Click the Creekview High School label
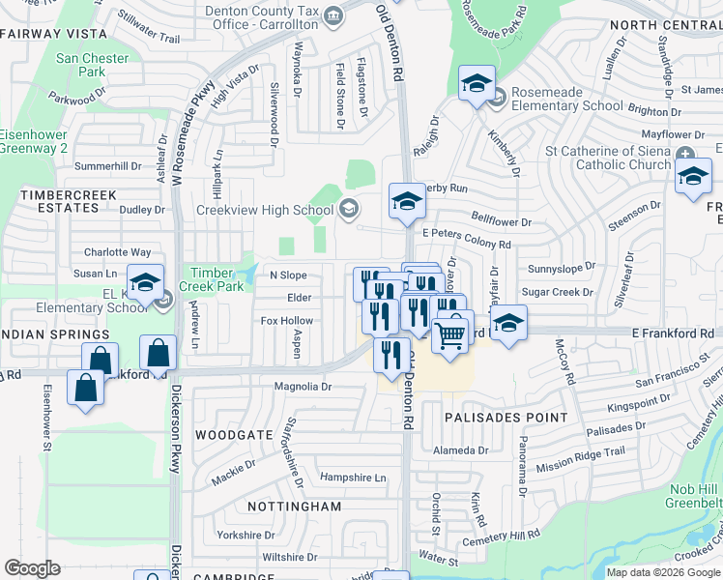click(x=265, y=210)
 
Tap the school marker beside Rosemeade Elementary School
click(x=477, y=84)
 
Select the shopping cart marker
click(x=450, y=335)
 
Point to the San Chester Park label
click(x=92, y=65)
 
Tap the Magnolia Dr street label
click(x=304, y=387)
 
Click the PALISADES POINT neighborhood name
click(x=506, y=418)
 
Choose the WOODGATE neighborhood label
click(x=234, y=435)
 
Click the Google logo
click(x=32, y=568)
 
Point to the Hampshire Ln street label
click(x=353, y=478)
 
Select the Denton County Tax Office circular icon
click(x=333, y=14)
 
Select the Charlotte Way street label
click(x=117, y=251)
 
